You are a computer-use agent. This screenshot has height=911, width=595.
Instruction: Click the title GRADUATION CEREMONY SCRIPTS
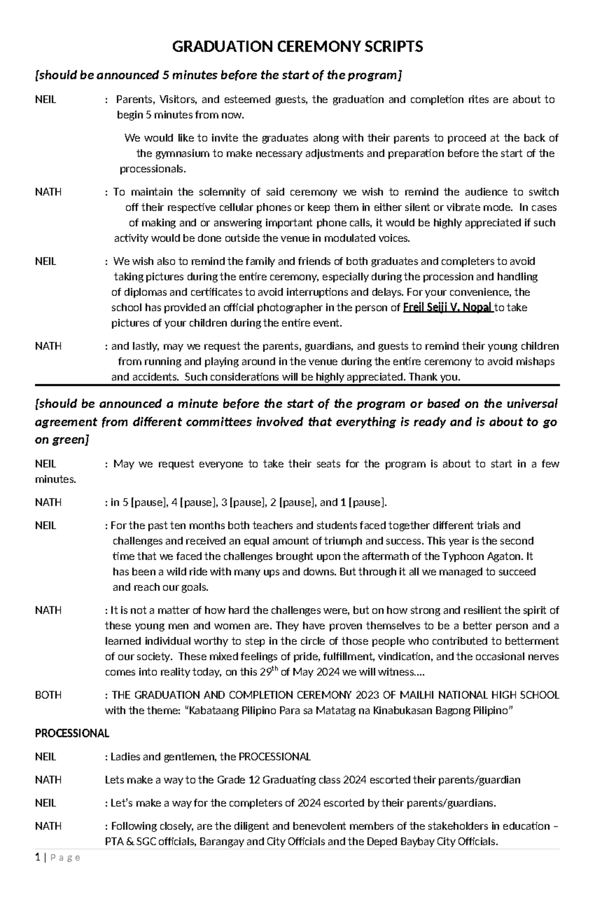pos(297,47)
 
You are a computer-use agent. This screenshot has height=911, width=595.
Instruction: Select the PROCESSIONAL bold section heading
pos(72,733)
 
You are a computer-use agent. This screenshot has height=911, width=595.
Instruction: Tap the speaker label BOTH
pos(48,695)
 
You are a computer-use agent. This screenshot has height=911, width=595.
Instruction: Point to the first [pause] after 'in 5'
pos(149,502)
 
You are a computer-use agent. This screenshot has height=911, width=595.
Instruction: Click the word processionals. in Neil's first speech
pos(153,169)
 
